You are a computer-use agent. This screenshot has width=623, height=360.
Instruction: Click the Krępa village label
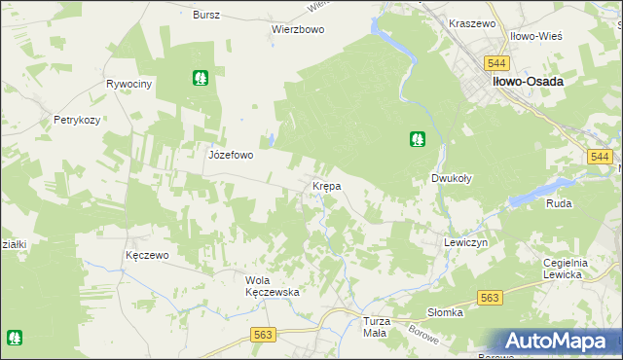tap(325, 186)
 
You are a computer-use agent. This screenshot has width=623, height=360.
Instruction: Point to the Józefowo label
tap(231, 155)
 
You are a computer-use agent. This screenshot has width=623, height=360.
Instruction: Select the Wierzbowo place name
tap(297, 29)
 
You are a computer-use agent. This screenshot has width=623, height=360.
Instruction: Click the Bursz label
tap(206, 16)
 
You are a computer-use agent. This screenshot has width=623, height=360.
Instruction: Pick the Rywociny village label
tap(130, 85)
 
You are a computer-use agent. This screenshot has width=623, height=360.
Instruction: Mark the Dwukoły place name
tap(452, 179)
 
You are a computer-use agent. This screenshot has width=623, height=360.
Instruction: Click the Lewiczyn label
tap(464, 242)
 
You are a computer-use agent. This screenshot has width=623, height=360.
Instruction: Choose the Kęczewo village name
tap(148, 255)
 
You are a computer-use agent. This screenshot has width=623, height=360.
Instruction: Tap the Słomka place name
tap(446, 312)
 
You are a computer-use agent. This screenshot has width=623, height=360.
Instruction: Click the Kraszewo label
tap(472, 22)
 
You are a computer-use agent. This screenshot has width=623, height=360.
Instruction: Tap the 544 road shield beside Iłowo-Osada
tap(497, 63)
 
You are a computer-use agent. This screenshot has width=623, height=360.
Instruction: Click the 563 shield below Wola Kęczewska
tap(263, 334)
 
